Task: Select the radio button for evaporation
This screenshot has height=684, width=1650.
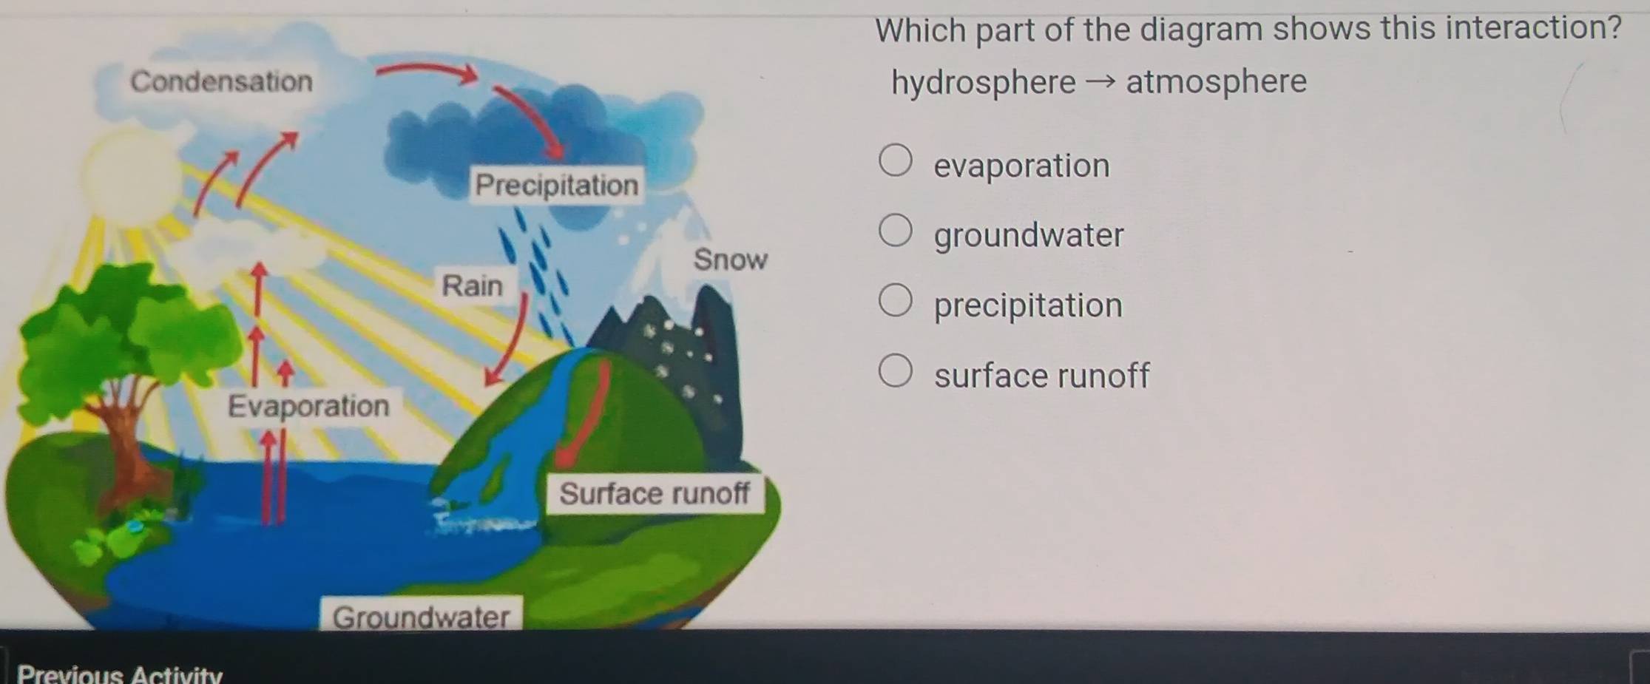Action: [895, 160]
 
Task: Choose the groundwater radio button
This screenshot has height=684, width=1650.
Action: [895, 230]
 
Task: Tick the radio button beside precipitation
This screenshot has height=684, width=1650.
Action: [895, 300]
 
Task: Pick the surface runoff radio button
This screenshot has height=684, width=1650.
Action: [895, 370]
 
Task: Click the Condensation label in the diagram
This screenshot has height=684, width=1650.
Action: [221, 81]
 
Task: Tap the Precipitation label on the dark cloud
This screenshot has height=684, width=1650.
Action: [556, 185]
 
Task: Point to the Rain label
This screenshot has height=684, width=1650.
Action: [472, 285]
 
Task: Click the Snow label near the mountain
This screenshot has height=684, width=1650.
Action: [730, 260]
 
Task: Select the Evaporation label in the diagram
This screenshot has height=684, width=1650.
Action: [308, 406]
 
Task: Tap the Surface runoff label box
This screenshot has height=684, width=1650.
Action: [655, 494]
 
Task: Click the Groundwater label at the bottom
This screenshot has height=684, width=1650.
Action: [421, 615]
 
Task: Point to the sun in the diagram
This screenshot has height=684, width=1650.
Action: [132, 175]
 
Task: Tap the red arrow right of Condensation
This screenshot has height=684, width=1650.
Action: [427, 71]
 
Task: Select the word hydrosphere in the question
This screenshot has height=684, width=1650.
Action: [984, 83]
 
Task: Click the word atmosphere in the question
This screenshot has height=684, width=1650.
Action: [1217, 81]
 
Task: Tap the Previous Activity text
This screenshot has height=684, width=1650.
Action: [119, 674]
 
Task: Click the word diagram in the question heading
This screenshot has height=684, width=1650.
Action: [1201, 30]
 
